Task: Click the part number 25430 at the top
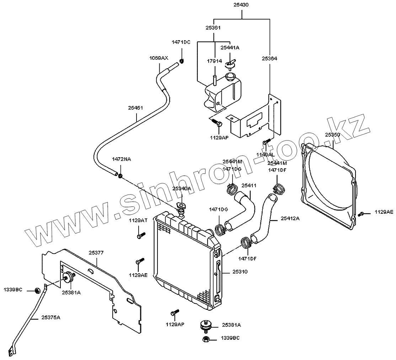tap(241, 5)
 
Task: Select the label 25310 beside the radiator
tap(240, 271)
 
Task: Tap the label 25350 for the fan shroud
tap(332, 135)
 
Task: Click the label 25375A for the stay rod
tap(51, 317)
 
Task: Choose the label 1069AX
tap(159, 58)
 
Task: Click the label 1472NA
tap(122, 159)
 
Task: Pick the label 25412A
tap(290, 218)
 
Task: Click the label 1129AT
tap(138, 221)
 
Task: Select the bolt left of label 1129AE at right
tap(361, 214)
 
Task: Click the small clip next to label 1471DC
tap(181, 61)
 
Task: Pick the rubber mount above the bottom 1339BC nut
tap(205, 325)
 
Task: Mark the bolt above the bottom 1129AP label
tap(174, 313)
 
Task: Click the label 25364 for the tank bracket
tap(269, 58)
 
